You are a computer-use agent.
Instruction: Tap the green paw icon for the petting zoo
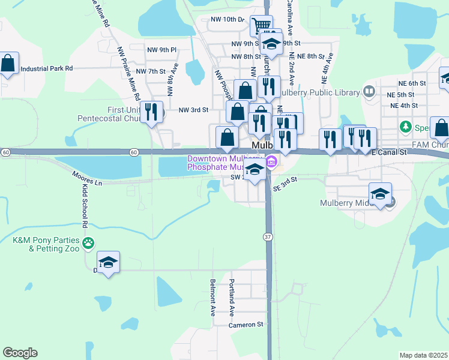tap(88, 243)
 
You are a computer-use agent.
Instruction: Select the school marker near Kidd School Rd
tap(109, 263)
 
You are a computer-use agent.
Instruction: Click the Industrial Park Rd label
tap(46, 68)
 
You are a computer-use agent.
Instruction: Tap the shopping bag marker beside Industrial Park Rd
tap(8, 64)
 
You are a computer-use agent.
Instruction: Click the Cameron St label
tap(246, 325)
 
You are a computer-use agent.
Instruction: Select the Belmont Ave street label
tap(212, 298)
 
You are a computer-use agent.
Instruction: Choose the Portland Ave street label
tap(231, 298)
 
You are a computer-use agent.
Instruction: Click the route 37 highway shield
tap(267, 238)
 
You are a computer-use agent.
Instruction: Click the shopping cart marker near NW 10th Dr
tap(261, 26)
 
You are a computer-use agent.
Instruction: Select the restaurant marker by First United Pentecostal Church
tap(152, 112)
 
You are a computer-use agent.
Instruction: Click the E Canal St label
tap(389, 153)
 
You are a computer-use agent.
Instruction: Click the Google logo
tap(20, 353)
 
